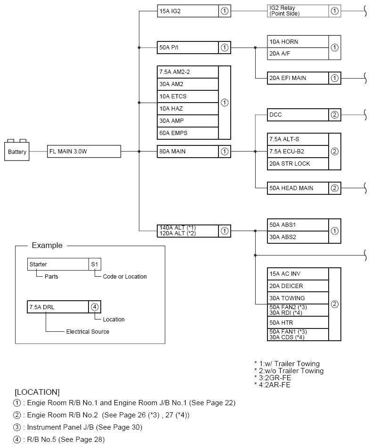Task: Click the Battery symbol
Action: click(x=17, y=151)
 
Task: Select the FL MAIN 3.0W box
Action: click(x=84, y=152)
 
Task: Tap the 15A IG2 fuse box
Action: click(x=188, y=11)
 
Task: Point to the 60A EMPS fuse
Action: click(x=188, y=133)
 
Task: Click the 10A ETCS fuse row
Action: click(x=188, y=96)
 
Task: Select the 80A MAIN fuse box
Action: click(x=188, y=152)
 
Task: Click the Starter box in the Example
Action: click(x=58, y=264)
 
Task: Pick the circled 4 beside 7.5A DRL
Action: click(x=95, y=307)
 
